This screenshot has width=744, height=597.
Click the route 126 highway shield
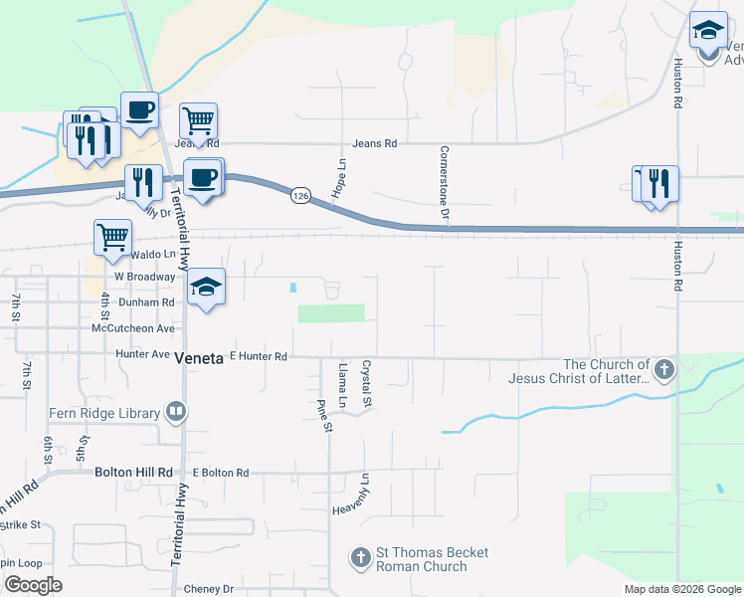(x=299, y=197)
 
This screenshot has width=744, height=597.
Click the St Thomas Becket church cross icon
(x=362, y=558)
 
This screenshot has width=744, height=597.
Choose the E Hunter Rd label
(x=259, y=356)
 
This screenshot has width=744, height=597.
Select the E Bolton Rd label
(x=221, y=473)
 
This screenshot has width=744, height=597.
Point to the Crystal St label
(x=366, y=383)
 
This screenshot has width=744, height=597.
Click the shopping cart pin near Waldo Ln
(x=112, y=237)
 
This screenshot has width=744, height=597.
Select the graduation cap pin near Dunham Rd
(x=207, y=287)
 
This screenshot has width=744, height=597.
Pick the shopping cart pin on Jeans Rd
(x=199, y=122)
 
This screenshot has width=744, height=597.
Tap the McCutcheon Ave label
(x=132, y=327)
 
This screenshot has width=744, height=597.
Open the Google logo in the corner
(x=33, y=585)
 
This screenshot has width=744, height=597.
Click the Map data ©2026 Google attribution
(x=681, y=589)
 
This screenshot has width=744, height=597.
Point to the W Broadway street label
(x=145, y=276)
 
